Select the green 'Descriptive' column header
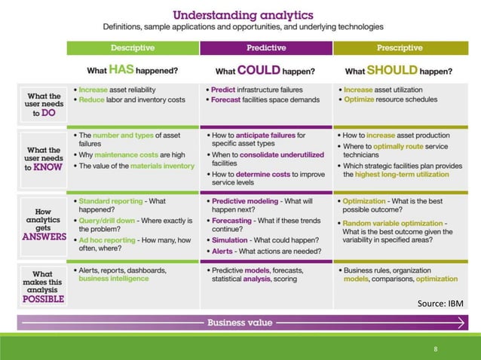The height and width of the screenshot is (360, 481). [133, 47]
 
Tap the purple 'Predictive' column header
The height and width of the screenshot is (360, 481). [265, 47]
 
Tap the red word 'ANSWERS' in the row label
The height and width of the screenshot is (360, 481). [44, 236]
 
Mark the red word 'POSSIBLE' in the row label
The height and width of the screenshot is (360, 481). [44, 298]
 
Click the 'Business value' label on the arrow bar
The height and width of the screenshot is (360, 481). [240, 322]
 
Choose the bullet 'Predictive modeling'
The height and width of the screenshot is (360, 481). [248, 202]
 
